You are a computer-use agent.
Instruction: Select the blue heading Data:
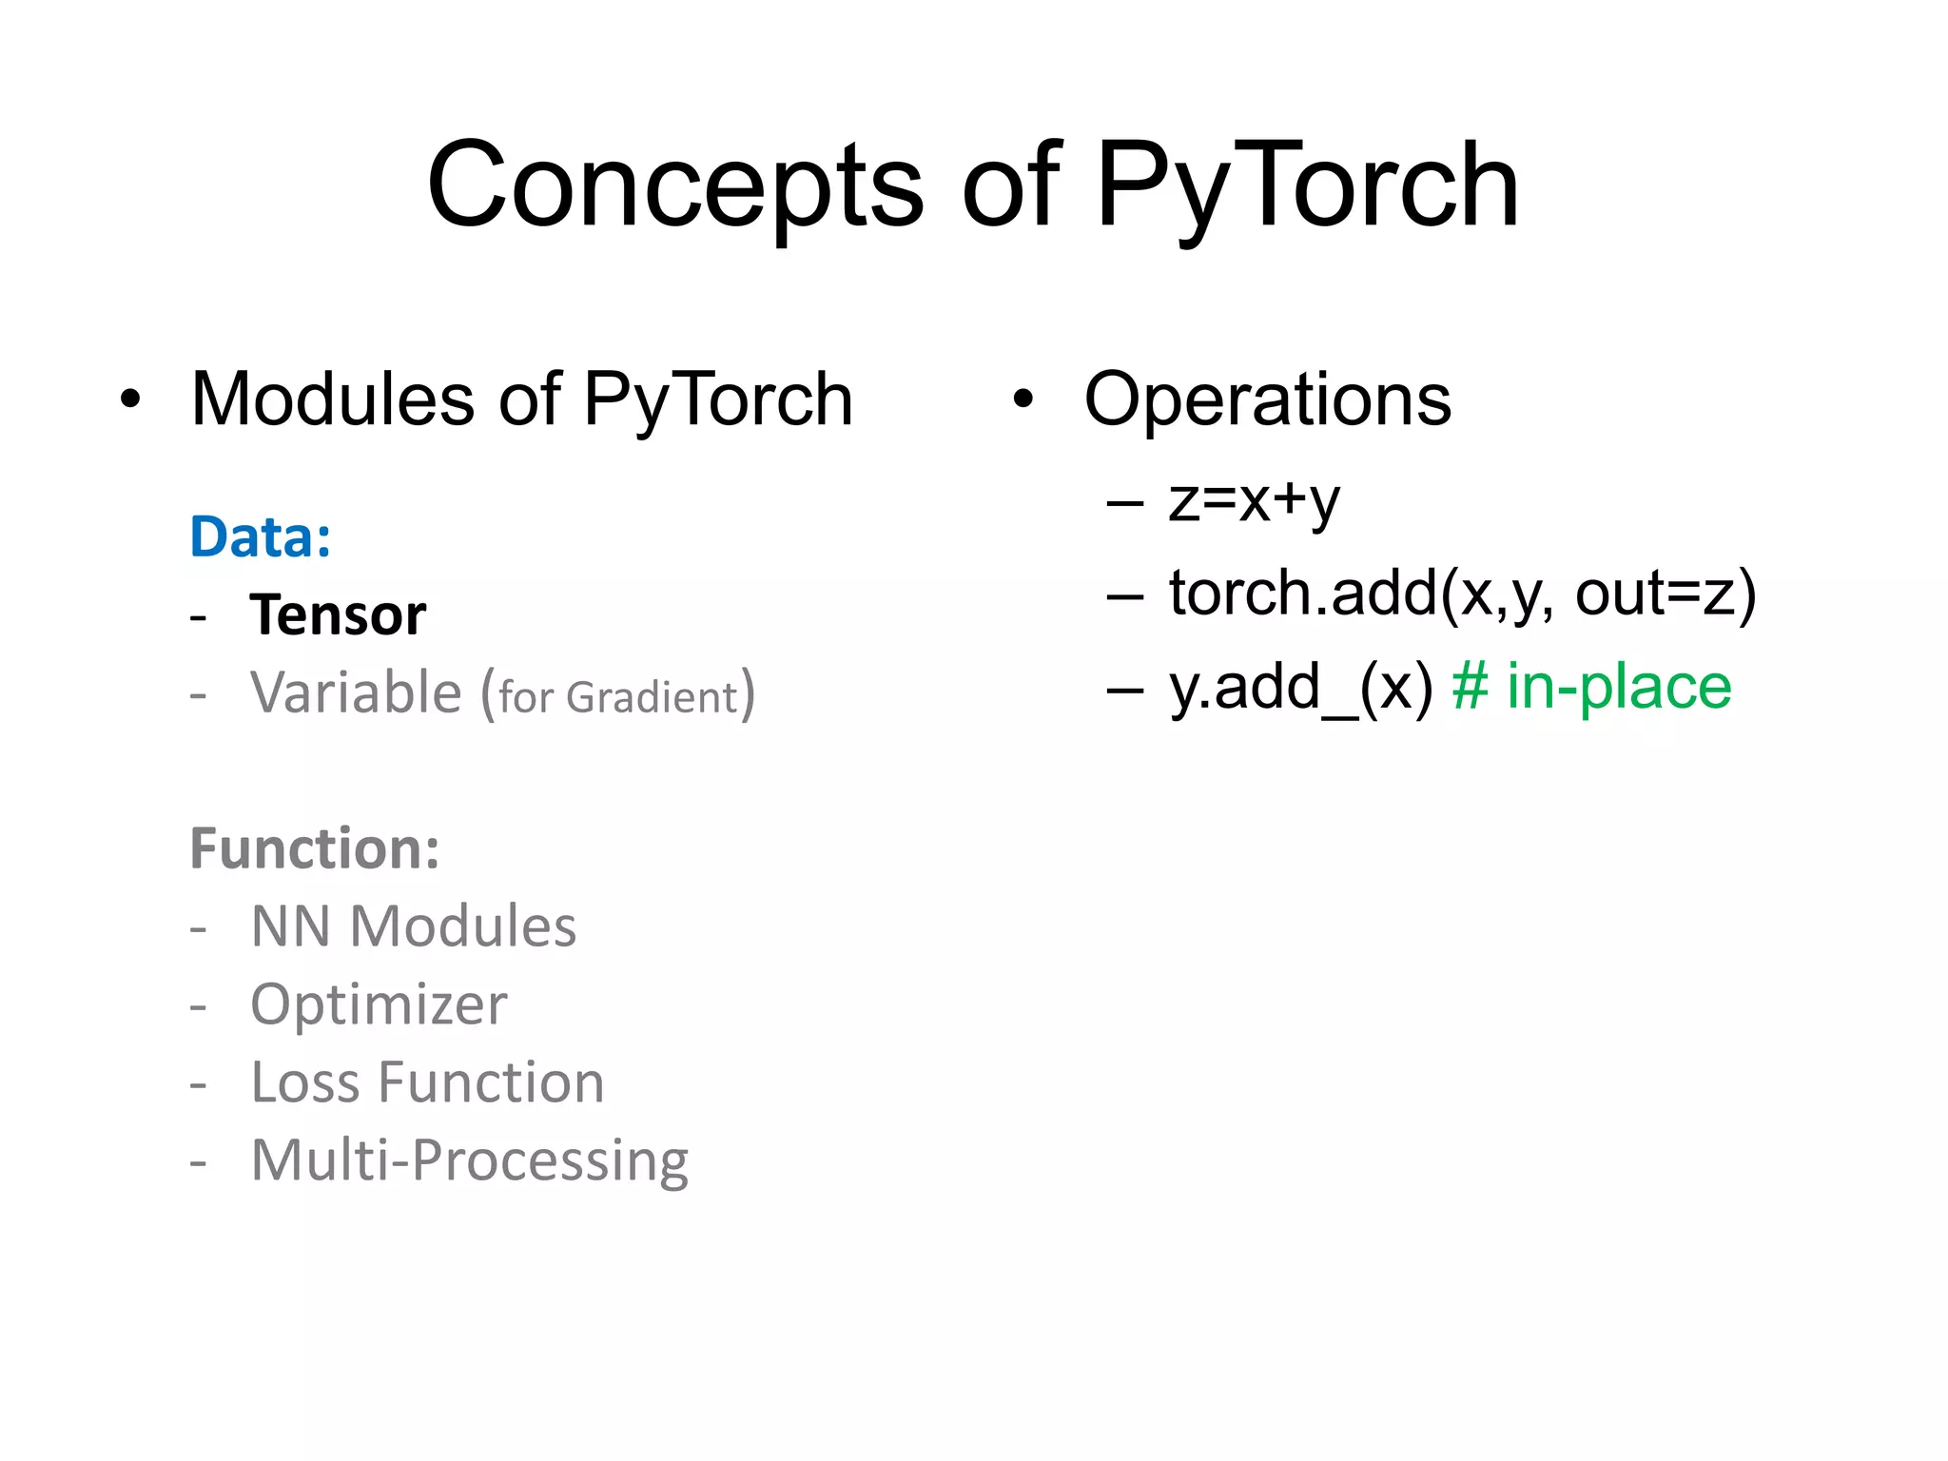point(261,537)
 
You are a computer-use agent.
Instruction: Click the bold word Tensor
point(338,615)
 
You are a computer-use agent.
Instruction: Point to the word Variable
point(356,692)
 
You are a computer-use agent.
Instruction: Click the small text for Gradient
point(618,697)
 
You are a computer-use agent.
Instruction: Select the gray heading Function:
point(315,848)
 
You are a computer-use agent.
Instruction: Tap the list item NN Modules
point(413,926)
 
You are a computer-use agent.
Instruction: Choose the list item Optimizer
point(379,1004)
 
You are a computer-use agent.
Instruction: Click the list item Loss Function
point(427,1082)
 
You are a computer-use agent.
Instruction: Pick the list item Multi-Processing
point(469,1160)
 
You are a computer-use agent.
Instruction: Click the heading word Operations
point(1268,399)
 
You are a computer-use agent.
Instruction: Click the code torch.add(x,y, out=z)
point(1462,594)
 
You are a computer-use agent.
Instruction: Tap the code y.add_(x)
point(1300,687)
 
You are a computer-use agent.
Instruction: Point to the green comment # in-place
point(1591,687)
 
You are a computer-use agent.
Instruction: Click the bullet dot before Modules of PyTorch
point(130,400)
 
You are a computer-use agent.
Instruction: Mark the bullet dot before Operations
point(1023,400)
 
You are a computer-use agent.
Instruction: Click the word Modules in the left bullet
point(333,399)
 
